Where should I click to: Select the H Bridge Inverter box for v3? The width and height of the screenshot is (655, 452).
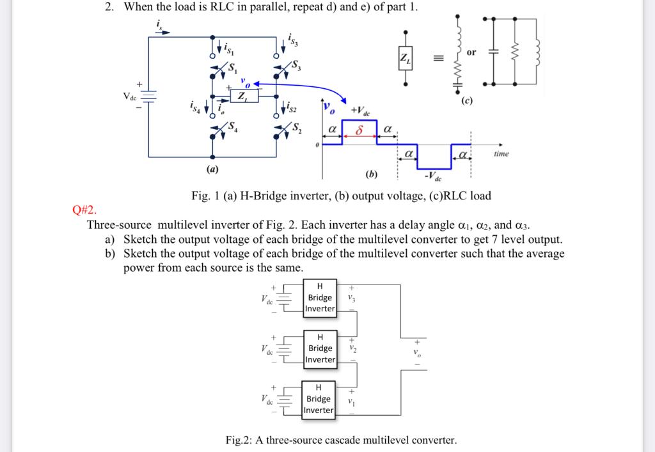pyautogui.click(x=320, y=297)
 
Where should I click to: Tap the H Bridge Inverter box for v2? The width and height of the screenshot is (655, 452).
pyautogui.click(x=320, y=348)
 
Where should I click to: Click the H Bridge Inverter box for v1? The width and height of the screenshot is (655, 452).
pyautogui.click(x=319, y=399)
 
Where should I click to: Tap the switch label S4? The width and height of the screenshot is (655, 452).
pyautogui.click(x=234, y=126)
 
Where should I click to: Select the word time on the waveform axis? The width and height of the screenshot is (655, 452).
pyautogui.click(x=501, y=154)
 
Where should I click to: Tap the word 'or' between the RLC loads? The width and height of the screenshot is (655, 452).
pyautogui.click(x=471, y=52)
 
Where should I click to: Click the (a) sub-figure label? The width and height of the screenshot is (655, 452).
pyautogui.click(x=212, y=169)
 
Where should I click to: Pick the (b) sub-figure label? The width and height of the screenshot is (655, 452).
pyautogui.click(x=371, y=174)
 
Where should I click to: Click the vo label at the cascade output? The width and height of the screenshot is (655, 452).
pyautogui.click(x=417, y=354)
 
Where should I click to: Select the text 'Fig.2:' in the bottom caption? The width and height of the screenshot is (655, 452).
pyautogui.click(x=240, y=440)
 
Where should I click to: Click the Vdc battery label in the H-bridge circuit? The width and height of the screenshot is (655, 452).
pyautogui.click(x=130, y=97)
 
